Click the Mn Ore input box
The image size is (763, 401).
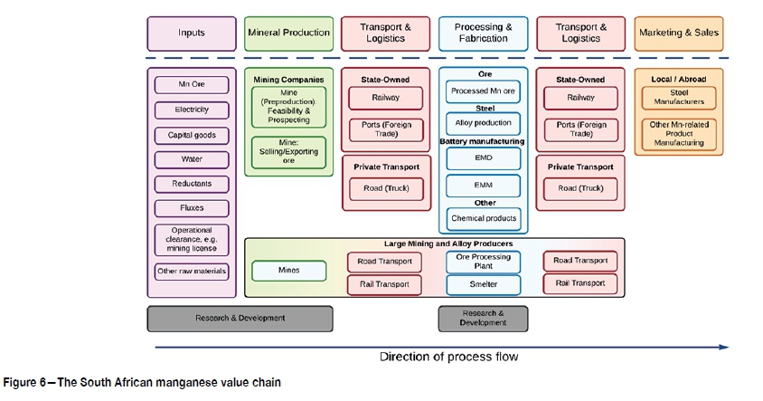pyautogui.click(x=191, y=85)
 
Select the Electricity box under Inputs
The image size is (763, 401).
pyautogui.click(x=191, y=110)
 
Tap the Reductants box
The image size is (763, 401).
pyautogui.click(x=191, y=184)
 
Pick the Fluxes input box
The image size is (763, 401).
pyautogui.click(x=191, y=208)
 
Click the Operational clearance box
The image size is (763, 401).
pyautogui.click(x=191, y=240)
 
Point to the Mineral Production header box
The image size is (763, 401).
pyautogui.click(x=288, y=33)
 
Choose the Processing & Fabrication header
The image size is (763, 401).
pyautogui.click(x=483, y=33)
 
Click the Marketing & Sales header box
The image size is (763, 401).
pyautogui.click(x=678, y=33)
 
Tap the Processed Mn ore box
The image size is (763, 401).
pyautogui.click(x=483, y=91)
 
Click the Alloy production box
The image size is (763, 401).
pyautogui.click(x=483, y=123)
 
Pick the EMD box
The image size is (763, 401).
pyautogui.click(x=483, y=158)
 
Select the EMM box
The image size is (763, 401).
pyautogui.click(x=483, y=186)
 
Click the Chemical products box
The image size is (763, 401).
pyautogui.click(x=483, y=218)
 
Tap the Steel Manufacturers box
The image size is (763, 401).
pyautogui.click(x=678, y=98)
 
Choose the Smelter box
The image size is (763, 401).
pyautogui.click(x=483, y=284)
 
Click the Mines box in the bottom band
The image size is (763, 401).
pyautogui.click(x=288, y=270)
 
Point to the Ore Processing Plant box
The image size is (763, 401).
pyautogui.click(x=483, y=262)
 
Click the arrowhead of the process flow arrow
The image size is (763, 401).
pyautogui.click(x=723, y=346)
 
